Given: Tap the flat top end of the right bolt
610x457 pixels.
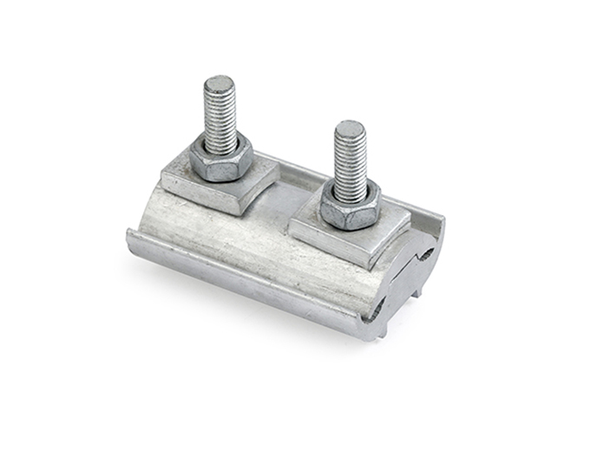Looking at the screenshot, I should [350, 129].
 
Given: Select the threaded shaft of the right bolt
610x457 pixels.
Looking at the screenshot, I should [350, 160].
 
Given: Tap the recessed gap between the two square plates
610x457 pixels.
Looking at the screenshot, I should [291, 198].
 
